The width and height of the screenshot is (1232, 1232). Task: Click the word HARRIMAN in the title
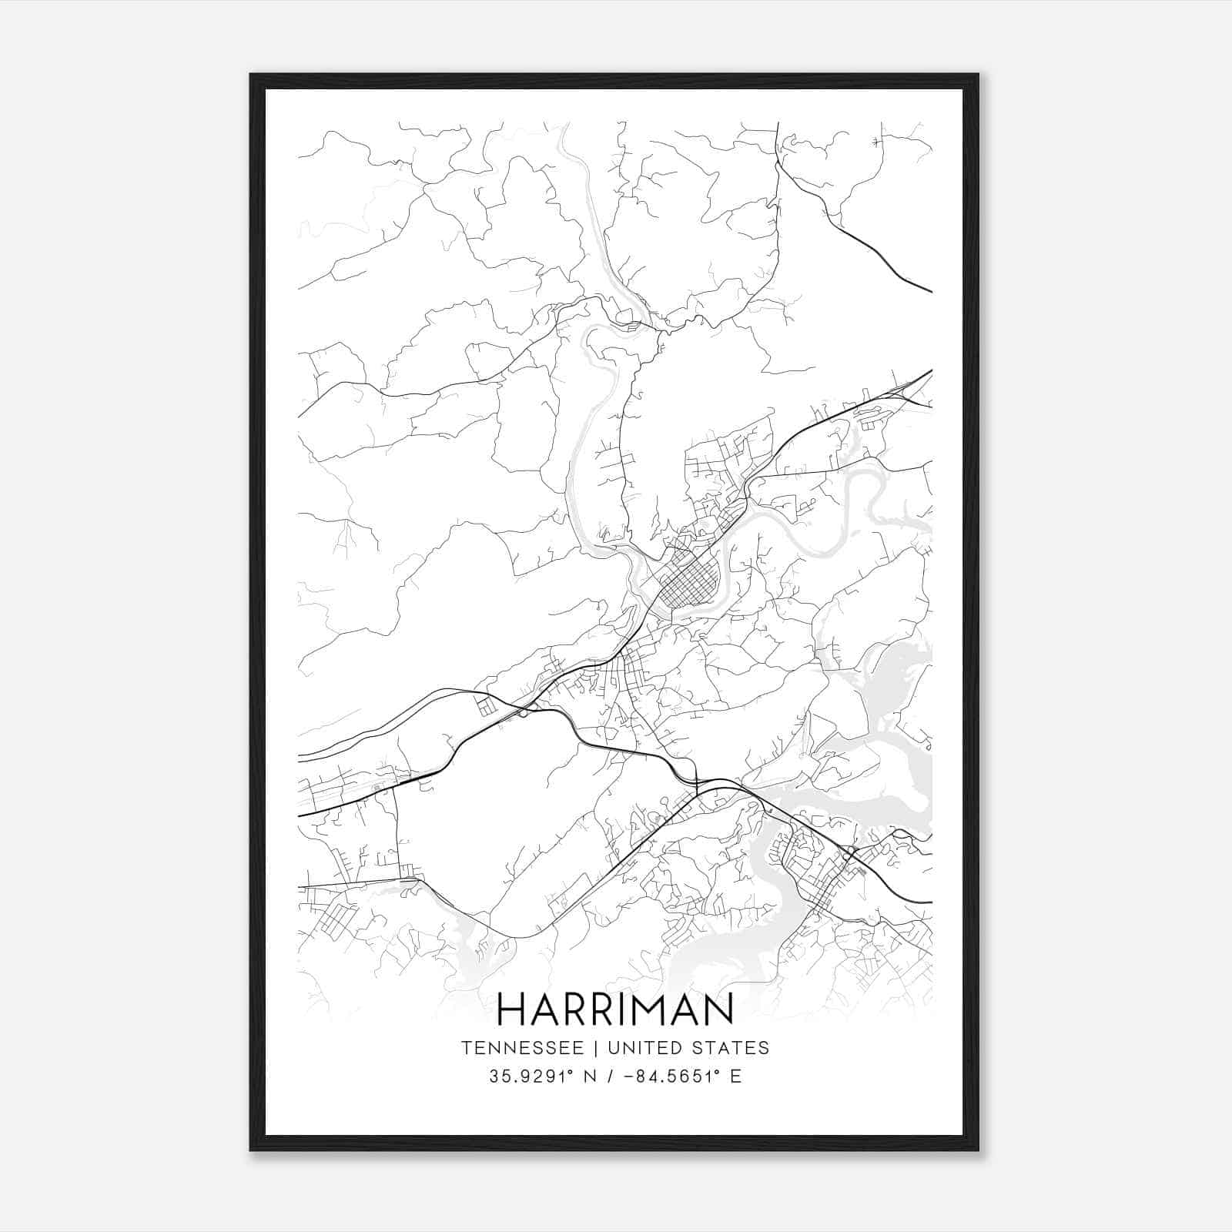[615, 1009]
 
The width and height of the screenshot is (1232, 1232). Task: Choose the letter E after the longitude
[735, 1076]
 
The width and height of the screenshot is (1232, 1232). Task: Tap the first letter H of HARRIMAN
[513, 1009]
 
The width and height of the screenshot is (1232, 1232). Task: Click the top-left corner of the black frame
[252, 75]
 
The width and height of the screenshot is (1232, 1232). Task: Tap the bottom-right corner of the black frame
[977, 1149]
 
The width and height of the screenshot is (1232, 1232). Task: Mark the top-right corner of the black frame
[977, 75]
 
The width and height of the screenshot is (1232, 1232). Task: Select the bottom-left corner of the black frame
[252, 1149]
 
